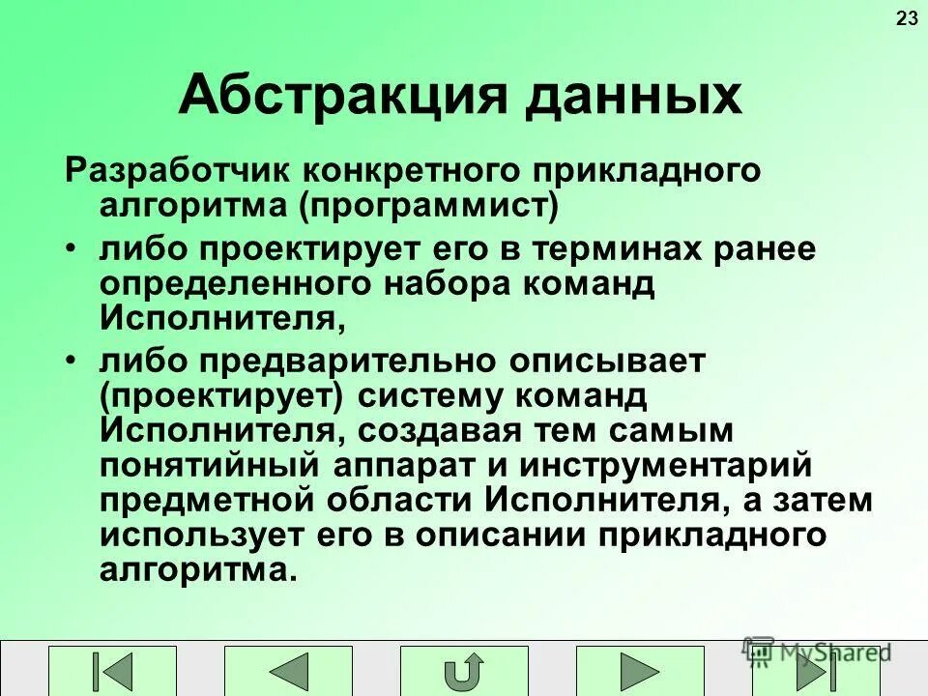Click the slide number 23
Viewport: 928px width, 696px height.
tap(907, 18)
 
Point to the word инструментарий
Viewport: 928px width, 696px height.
tap(678, 465)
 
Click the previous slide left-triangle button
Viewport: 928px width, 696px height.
tap(289, 672)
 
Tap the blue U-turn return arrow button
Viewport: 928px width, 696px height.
tap(465, 672)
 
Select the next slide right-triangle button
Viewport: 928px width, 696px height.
tap(640, 672)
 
